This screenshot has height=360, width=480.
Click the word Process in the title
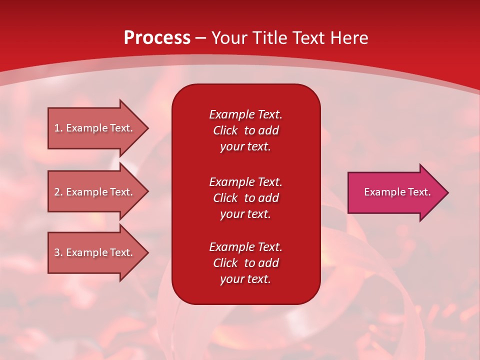point(157,38)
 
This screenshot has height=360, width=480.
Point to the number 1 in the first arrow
point(57,128)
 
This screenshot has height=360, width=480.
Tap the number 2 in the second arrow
point(57,192)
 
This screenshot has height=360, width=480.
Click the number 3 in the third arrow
point(57,252)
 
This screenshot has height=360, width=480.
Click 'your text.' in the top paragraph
point(245,147)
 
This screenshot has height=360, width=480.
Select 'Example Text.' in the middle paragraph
point(245,181)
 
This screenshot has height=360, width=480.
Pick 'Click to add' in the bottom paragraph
point(245,263)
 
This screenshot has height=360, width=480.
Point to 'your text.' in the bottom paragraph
point(245,279)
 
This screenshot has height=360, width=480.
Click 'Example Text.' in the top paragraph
point(245,114)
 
